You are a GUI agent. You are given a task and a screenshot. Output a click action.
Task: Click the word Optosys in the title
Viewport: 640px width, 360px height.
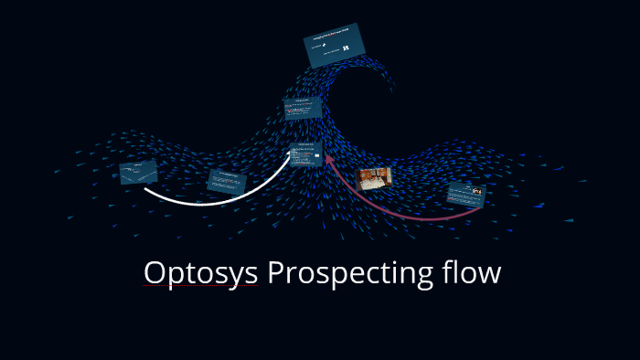(200, 273)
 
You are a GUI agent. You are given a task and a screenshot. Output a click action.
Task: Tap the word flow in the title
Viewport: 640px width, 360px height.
(472, 272)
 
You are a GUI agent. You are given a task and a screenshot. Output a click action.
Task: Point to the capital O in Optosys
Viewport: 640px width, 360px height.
(155, 273)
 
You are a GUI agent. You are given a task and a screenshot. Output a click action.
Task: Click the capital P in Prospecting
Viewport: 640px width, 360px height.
(276, 272)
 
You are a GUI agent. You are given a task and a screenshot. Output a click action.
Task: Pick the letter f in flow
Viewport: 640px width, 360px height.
(448, 271)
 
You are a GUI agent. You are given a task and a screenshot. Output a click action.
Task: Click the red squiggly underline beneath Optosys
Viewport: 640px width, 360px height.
(200, 286)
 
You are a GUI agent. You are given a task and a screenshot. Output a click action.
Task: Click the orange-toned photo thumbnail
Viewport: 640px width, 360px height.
(374, 176)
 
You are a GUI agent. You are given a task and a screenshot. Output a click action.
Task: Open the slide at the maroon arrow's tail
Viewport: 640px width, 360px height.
(465, 194)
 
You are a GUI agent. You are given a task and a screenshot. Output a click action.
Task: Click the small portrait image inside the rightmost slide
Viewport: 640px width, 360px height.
(476, 191)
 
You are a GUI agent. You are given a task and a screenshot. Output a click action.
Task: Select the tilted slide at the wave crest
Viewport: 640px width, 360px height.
(335, 45)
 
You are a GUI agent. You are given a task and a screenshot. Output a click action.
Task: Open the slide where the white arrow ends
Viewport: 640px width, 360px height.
(305, 155)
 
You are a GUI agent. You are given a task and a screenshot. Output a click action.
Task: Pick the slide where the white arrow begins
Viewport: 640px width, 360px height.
(138, 172)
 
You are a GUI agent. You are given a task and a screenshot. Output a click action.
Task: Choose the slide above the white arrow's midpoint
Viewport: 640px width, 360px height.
(227, 179)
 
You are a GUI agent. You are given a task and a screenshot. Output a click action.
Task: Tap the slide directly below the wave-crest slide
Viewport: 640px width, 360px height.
(302, 109)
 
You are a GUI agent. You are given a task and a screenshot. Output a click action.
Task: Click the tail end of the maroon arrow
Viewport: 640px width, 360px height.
(479, 208)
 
